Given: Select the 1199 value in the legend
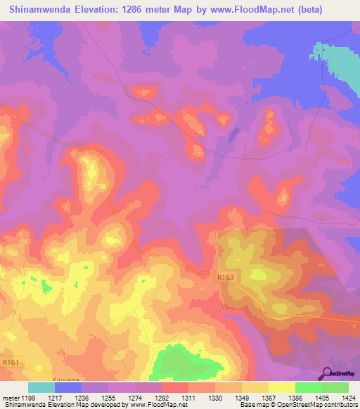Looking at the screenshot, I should tap(28, 398).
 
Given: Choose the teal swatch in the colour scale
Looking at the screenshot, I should tap(41, 387).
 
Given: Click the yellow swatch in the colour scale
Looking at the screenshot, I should tap(282, 387).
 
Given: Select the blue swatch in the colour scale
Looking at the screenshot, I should tap(68, 387).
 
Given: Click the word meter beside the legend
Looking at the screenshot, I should tap(11, 398).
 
